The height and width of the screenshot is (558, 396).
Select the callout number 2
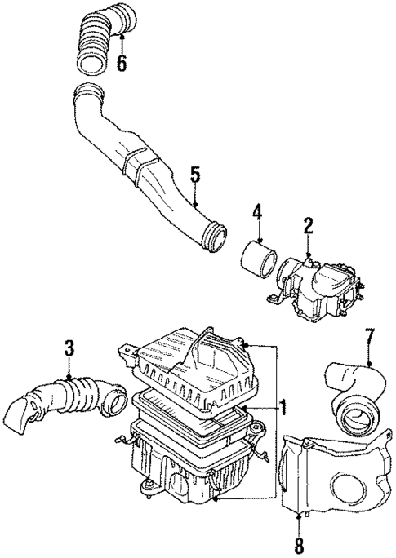pyautogui.click(x=309, y=226)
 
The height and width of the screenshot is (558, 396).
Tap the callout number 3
pyautogui.click(x=69, y=349)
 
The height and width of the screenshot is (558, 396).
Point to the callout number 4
pyautogui.click(x=256, y=214)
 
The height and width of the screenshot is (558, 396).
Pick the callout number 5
pyautogui.click(x=195, y=174)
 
